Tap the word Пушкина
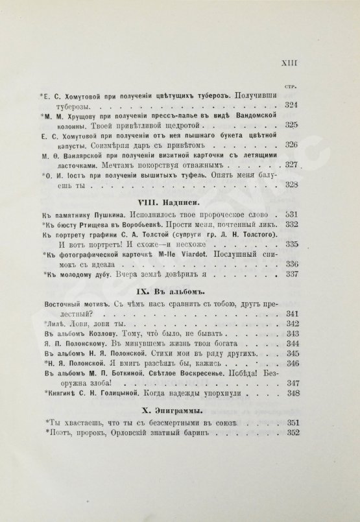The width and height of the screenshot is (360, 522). [x=113, y=215]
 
